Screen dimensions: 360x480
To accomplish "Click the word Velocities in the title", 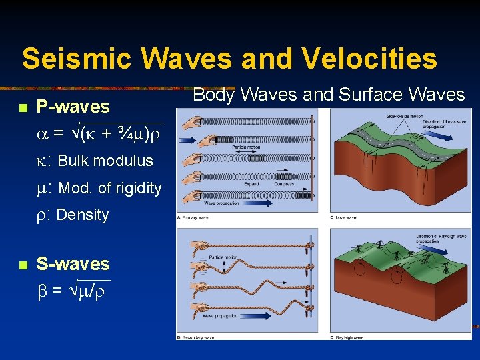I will click(369, 59).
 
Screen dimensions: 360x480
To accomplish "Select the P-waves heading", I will click(73, 107).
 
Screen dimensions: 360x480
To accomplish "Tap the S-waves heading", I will click(73, 264).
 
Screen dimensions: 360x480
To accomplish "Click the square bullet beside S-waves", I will click(23, 265).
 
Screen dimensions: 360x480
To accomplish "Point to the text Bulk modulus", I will click(105, 161).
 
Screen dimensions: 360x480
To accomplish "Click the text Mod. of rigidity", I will click(110, 188).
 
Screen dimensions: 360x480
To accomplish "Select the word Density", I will click(83, 215).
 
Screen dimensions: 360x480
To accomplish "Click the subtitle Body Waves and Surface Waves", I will click(328, 95).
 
